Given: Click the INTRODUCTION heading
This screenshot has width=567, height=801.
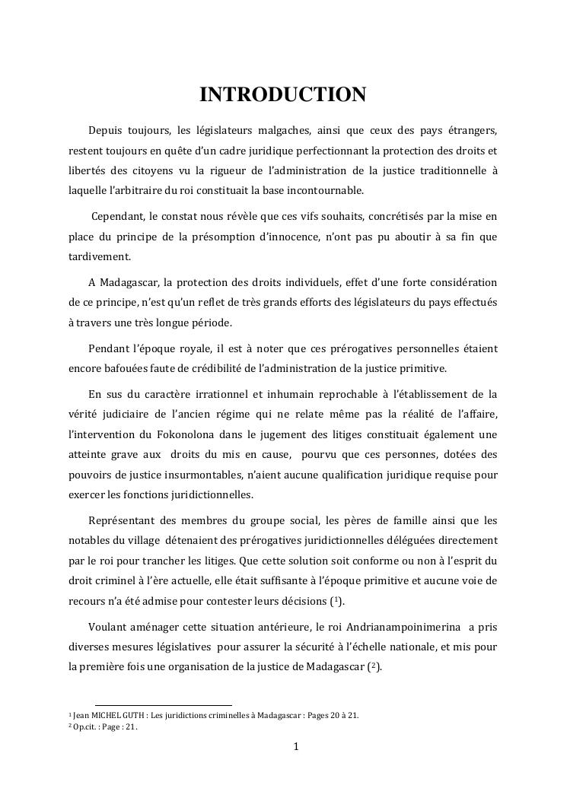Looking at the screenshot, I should pyautogui.click(x=283, y=95).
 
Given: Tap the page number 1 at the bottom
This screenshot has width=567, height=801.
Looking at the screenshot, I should pyautogui.click(x=296, y=746).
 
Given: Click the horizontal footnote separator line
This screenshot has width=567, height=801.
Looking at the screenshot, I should pyautogui.click(x=163, y=705).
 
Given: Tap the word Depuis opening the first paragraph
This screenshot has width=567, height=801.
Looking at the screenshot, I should pyautogui.click(x=107, y=131).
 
